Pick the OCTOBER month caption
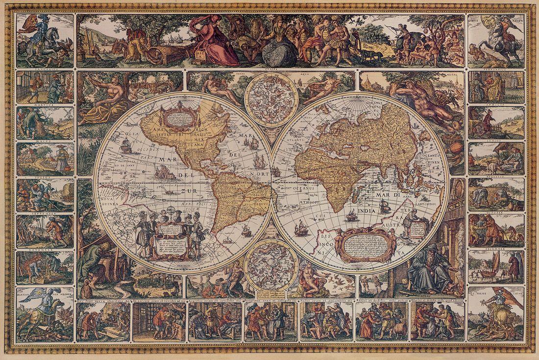(x=495, y=213)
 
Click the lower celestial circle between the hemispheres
(x=271, y=261)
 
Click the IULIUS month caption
(x=46, y=177)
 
